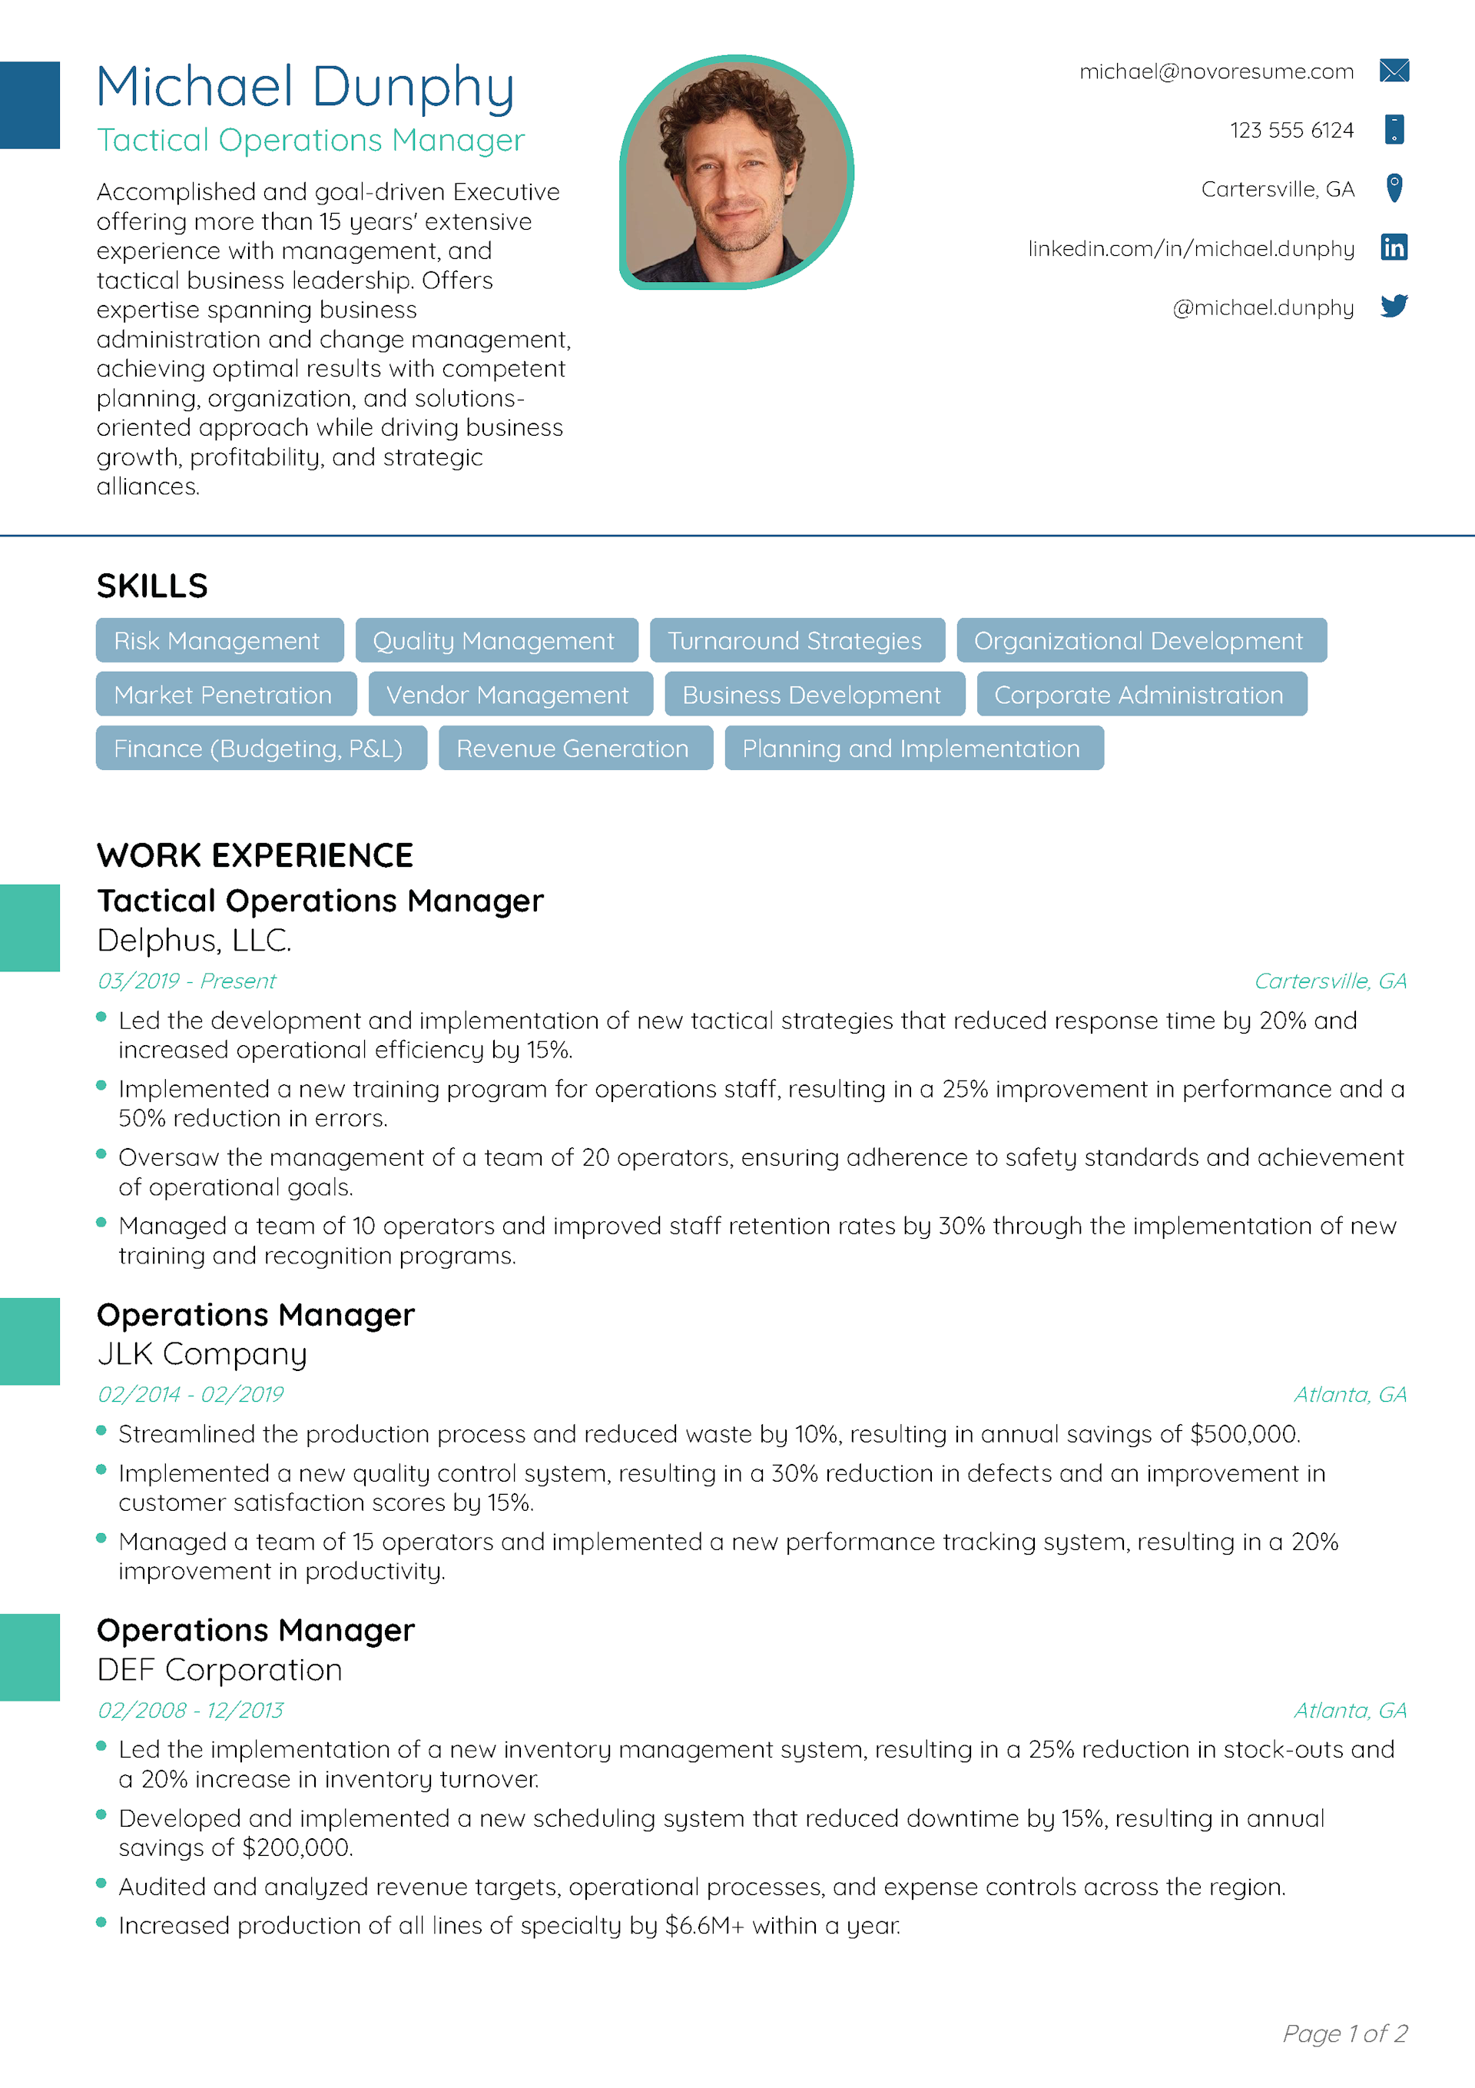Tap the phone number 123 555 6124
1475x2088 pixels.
click(1291, 130)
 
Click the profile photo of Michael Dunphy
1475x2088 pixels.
click(736, 173)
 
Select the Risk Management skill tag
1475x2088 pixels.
click(219, 641)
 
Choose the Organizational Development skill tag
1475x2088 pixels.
click(1140, 641)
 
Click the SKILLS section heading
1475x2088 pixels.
click(152, 586)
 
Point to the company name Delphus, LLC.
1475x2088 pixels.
click(194, 941)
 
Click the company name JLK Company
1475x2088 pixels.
click(202, 1354)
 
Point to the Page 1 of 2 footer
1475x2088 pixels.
click(1344, 2033)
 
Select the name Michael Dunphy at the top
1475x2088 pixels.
click(306, 88)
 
